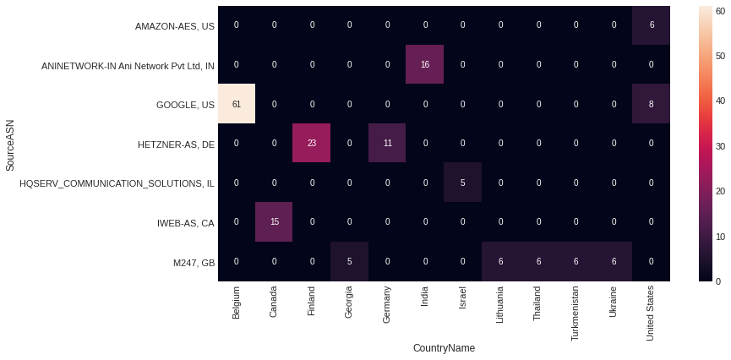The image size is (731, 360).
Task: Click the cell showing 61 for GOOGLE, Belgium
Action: click(x=236, y=104)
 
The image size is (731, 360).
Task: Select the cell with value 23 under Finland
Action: click(x=312, y=144)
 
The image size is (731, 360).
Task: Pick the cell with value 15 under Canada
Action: click(x=274, y=222)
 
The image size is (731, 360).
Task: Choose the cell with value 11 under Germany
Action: click(x=388, y=144)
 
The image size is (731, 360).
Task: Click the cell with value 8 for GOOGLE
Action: click(x=652, y=104)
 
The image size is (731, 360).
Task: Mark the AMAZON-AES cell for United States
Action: click(x=652, y=25)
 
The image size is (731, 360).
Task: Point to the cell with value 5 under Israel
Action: click(x=463, y=183)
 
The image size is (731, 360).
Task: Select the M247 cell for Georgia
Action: click(x=350, y=262)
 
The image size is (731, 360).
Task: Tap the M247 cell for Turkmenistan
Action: click(x=576, y=262)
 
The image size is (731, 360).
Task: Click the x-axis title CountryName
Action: click(x=444, y=348)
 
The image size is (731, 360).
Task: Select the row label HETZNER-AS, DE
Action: click(x=176, y=145)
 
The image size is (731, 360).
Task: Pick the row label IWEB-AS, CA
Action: click(x=186, y=223)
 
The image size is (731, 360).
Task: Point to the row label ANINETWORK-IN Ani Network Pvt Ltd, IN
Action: click(x=128, y=66)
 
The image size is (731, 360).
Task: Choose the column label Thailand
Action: click(x=539, y=303)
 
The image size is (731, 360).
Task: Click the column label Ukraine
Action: click(x=614, y=302)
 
